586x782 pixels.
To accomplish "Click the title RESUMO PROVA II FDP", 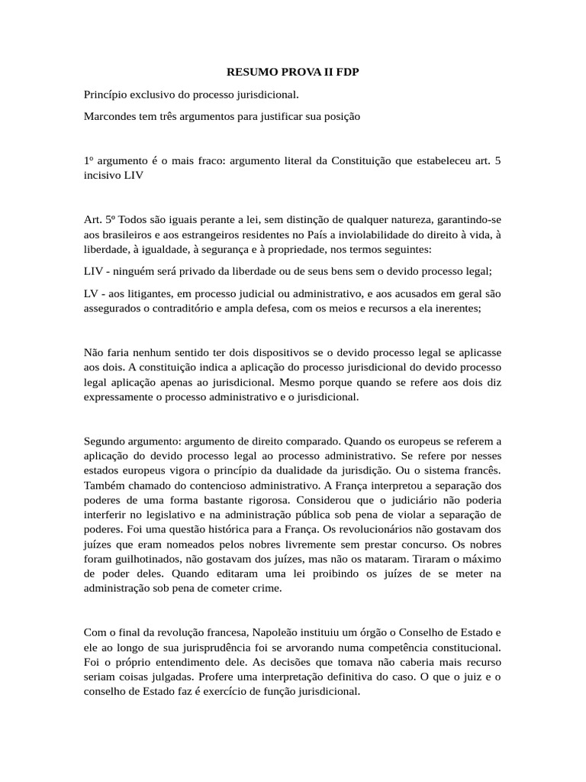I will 293,73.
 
